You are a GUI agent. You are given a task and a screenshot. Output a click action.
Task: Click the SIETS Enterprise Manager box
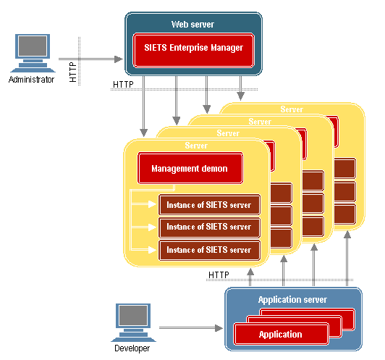point(193,50)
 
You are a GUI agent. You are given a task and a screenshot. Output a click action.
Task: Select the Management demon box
point(190,168)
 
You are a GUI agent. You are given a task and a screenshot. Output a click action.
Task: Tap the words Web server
point(192,25)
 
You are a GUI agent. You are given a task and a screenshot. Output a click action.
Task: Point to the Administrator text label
point(31,80)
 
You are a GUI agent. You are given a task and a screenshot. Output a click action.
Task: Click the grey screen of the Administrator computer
point(33,46)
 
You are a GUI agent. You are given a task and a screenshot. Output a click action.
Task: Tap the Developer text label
point(132,348)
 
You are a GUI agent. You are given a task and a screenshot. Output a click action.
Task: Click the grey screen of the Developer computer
point(133,315)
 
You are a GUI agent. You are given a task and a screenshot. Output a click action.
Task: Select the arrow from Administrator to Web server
point(90,59)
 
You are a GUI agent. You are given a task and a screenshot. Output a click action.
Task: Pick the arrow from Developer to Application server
point(191,328)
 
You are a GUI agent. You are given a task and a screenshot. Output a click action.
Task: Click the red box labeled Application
point(281,334)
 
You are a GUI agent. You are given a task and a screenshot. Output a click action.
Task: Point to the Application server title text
point(292,300)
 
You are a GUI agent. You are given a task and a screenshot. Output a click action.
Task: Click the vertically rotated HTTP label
point(73,72)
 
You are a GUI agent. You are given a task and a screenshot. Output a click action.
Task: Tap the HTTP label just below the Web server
point(123,85)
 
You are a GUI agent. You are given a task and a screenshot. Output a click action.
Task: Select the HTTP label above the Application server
point(219,275)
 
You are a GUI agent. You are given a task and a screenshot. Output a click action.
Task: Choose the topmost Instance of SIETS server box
point(209,205)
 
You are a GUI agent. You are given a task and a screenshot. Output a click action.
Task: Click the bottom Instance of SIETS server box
point(209,250)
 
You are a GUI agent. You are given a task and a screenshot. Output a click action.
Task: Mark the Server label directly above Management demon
point(196,146)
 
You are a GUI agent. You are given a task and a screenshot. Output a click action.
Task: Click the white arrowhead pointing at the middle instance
point(152,227)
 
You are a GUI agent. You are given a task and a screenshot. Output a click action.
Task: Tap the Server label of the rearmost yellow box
point(292,109)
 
